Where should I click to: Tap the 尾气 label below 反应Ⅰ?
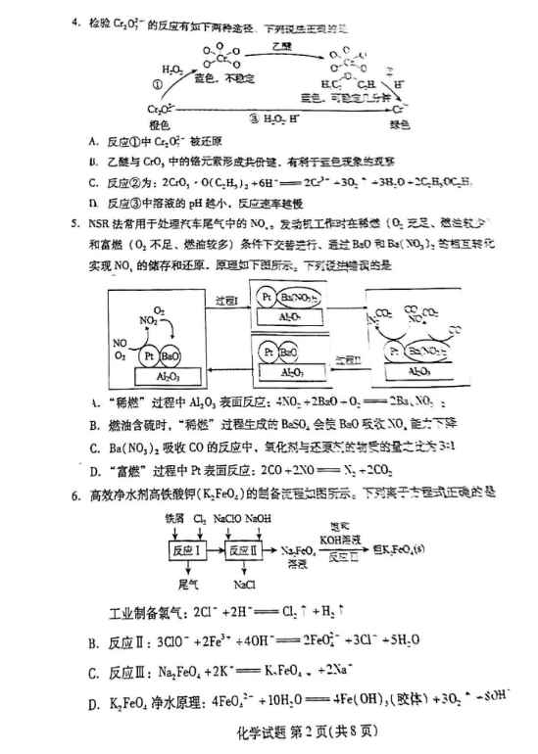coord(187,586)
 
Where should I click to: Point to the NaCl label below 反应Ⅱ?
coord(244,586)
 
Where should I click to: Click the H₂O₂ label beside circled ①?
coord(172,70)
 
